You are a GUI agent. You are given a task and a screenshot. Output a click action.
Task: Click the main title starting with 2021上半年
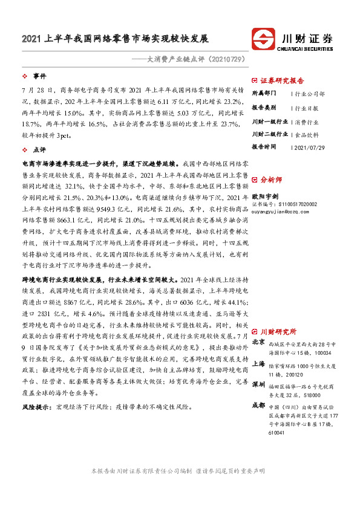point(115,39)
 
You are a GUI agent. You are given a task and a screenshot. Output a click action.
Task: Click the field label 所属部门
point(264,94)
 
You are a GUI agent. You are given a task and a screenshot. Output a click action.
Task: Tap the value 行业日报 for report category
point(306,108)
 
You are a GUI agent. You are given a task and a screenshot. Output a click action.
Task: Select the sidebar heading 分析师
point(271,180)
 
